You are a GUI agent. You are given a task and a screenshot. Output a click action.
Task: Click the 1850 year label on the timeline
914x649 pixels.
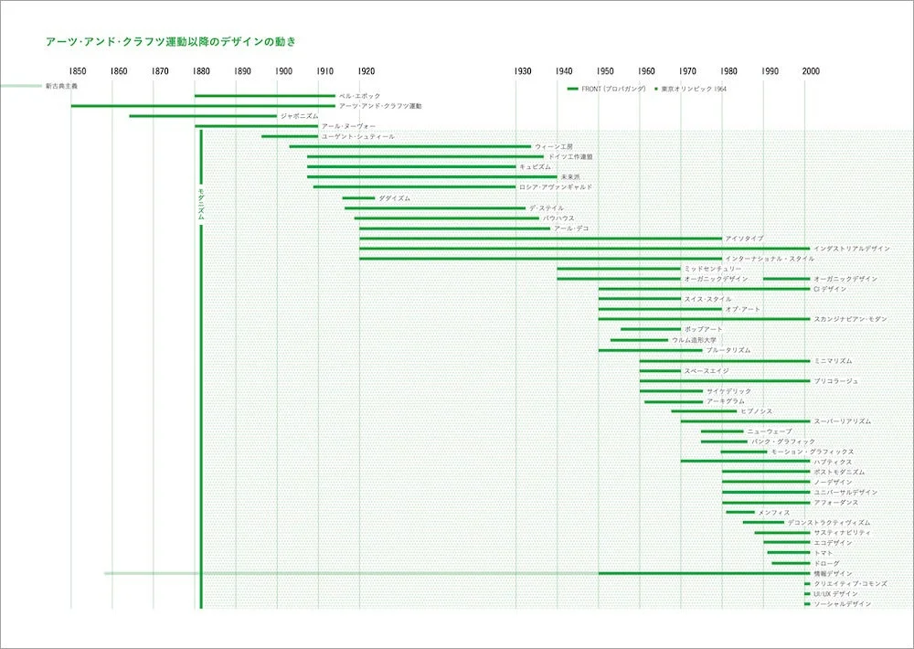point(77,71)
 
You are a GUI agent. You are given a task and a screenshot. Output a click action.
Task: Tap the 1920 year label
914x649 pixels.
point(366,71)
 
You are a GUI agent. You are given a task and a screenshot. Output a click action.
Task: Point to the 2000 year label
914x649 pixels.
point(811,71)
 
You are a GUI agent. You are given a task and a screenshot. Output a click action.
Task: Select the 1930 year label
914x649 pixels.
point(523,71)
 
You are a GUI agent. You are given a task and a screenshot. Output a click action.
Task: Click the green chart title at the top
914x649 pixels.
point(170,41)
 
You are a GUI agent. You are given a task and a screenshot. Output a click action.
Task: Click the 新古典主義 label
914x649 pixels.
point(62,86)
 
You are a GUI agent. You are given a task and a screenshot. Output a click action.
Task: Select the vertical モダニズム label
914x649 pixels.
point(202,203)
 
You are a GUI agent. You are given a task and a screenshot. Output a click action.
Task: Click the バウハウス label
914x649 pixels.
point(558,218)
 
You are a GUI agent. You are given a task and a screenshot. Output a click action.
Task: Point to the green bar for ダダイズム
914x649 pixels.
point(358,198)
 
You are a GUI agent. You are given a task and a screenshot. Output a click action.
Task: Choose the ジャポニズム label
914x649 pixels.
point(300,116)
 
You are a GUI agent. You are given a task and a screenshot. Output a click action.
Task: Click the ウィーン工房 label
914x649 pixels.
point(554,146)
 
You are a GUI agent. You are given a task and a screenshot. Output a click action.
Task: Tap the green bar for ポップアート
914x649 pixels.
point(651,329)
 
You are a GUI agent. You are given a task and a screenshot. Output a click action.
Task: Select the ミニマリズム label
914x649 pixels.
point(833,360)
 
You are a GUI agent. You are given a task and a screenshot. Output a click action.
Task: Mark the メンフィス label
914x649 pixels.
point(773,513)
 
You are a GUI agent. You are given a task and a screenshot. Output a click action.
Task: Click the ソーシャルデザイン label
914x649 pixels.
point(842,604)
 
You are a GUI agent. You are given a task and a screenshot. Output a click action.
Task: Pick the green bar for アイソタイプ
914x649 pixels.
point(540,239)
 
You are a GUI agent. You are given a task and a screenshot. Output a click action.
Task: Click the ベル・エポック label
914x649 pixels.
point(359,96)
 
